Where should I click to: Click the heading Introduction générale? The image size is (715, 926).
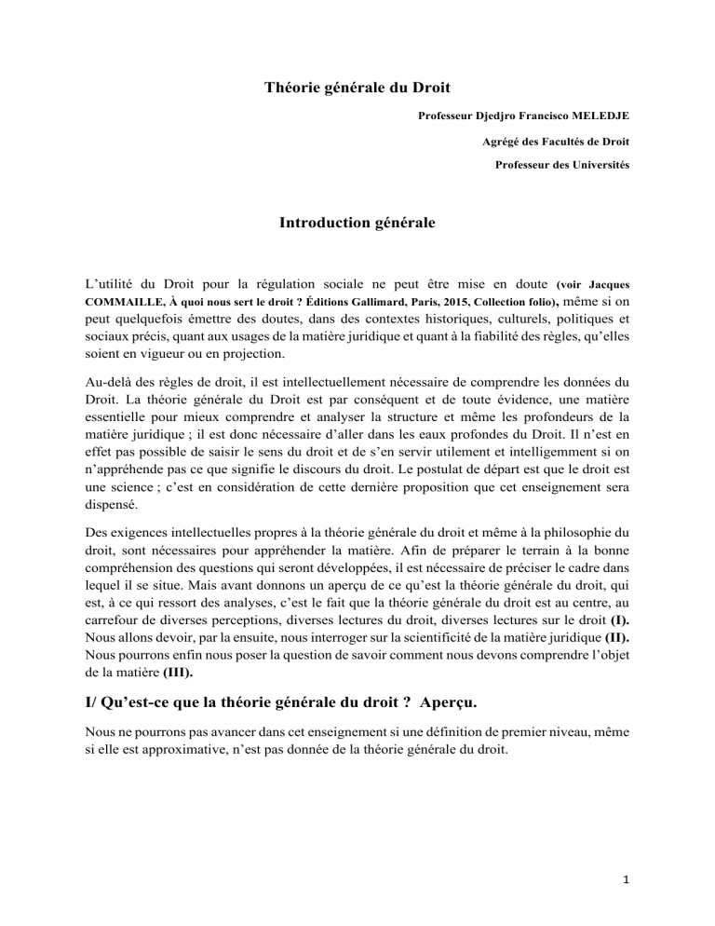pyautogui.click(x=357, y=224)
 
